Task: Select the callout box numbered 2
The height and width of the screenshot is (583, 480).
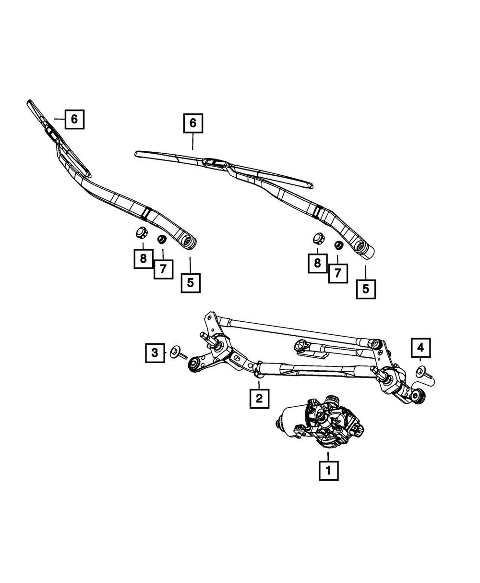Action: pyautogui.click(x=259, y=398)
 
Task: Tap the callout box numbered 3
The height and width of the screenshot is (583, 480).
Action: pyautogui.click(x=155, y=353)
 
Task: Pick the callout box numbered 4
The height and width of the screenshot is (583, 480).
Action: pyautogui.click(x=420, y=347)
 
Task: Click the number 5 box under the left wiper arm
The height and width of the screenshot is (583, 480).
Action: pyautogui.click(x=191, y=283)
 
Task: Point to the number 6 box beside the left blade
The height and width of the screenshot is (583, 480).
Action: pyautogui.click(x=74, y=119)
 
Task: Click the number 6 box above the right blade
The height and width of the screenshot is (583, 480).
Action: pyautogui.click(x=192, y=123)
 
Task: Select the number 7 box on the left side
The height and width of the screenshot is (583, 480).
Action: pyautogui.click(x=163, y=269)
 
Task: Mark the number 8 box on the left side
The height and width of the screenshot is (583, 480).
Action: pyautogui.click(x=143, y=259)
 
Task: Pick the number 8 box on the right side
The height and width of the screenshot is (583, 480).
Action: pyautogui.click(x=318, y=263)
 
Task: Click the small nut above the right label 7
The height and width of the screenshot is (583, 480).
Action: pyautogui.click(x=337, y=244)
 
